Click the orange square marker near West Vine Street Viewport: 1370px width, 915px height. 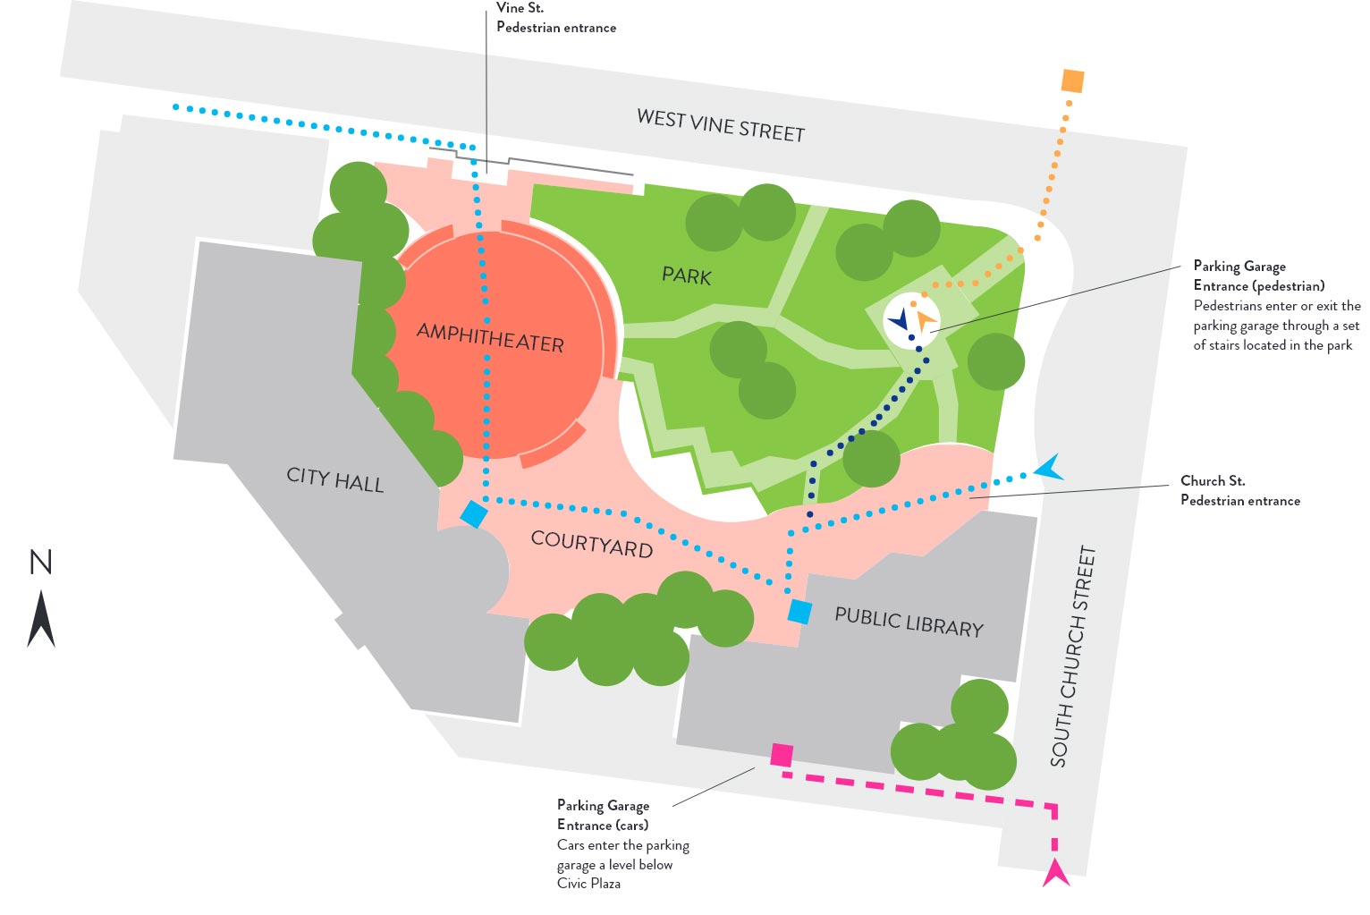pyautogui.click(x=1072, y=81)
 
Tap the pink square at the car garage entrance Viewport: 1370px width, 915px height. pyautogui.click(x=782, y=755)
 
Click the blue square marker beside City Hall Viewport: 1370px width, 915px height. pyautogui.click(x=473, y=513)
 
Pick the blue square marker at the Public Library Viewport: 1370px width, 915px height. pyautogui.click(x=799, y=612)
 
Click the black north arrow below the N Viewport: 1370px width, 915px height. pyautogui.click(x=41, y=619)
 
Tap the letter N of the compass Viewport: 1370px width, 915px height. pyautogui.click(x=41, y=563)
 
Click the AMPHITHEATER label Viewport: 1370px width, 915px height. pyautogui.click(x=490, y=337)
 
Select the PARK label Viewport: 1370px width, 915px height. pyautogui.click(x=687, y=275)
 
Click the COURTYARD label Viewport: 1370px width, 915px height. pyautogui.click(x=591, y=544)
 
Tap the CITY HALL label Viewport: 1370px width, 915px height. pyautogui.click(x=334, y=479)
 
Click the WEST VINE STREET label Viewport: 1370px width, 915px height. pyautogui.click(x=721, y=125)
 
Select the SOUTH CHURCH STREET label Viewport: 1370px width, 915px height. pyautogui.click(x=1073, y=657)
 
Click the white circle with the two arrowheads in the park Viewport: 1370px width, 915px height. pyautogui.click(x=911, y=320)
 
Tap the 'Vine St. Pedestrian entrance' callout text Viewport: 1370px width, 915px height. pyautogui.click(x=555, y=18)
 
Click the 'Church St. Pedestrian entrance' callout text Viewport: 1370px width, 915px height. pyautogui.click(x=1239, y=490)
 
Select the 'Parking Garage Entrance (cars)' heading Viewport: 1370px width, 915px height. pyautogui.click(x=603, y=815)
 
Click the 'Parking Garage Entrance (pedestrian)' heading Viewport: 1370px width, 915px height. pyautogui.click(x=1258, y=275)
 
